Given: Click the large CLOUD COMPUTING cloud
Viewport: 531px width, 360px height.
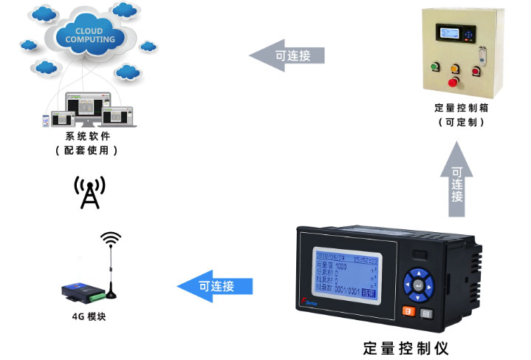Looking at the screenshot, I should click(89, 33).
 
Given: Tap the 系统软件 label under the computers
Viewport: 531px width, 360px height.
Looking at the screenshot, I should click(86, 136).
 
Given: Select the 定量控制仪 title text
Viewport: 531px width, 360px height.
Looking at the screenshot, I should click(406, 347).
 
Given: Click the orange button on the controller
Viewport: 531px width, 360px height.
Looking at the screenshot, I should click(407, 312).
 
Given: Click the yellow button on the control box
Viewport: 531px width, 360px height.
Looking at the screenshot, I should click(456, 65).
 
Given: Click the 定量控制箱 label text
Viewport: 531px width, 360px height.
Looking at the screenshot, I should click(462, 108).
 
